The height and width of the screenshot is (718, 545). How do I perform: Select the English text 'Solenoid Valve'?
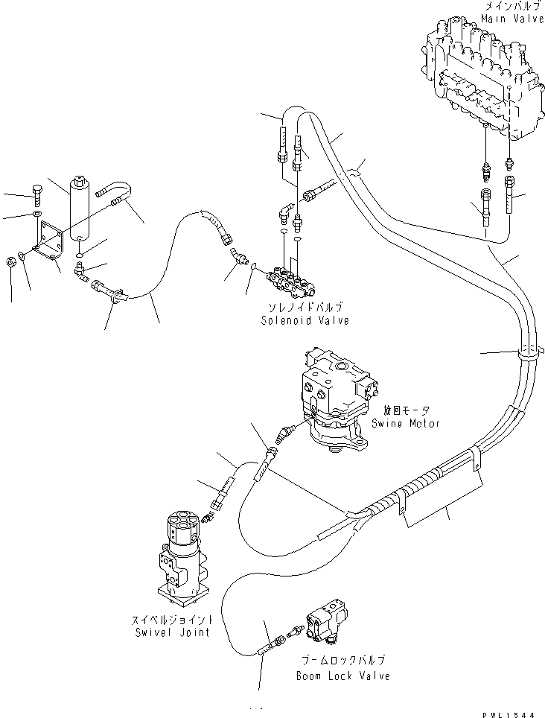tap(305, 321)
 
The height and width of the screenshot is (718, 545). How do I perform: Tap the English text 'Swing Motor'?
tap(406, 423)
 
